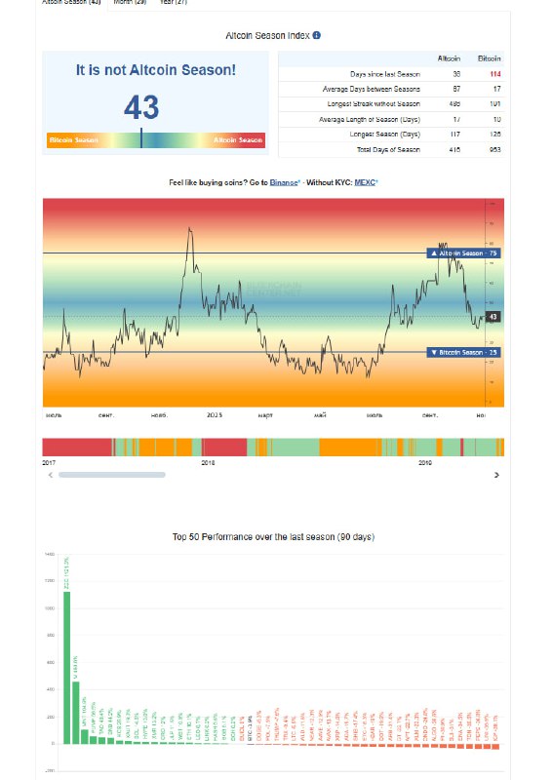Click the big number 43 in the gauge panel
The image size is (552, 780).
(141, 106)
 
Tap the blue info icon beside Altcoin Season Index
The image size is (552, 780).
(316, 35)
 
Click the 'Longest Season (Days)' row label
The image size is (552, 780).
(384, 134)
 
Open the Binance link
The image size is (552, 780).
(285, 182)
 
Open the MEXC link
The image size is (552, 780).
(365, 182)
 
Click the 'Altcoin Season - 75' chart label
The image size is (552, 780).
(464, 253)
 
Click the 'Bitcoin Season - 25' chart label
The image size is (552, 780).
(464, 351)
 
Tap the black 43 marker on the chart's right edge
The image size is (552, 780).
(493, 317)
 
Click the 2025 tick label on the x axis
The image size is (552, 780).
(215, 414)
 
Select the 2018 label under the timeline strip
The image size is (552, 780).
(207, 462)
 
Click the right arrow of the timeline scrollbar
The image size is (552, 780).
(496, 475)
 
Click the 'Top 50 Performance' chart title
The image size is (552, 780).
(273, 537)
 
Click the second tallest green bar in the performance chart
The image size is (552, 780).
(76, 713)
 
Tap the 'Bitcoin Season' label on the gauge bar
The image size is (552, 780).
(73, 140)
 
